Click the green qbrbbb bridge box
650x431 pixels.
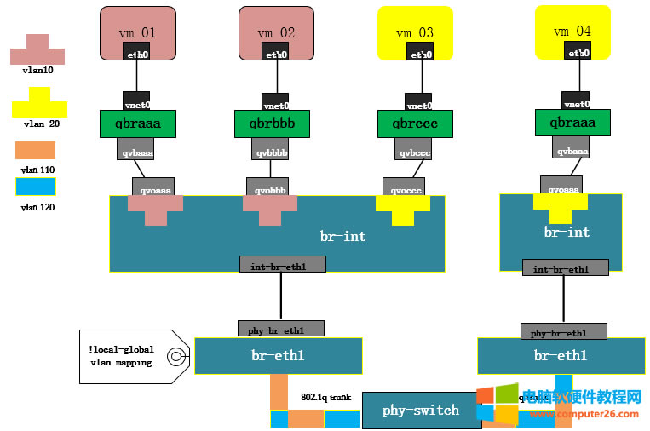(272, 124)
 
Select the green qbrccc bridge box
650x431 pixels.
(415, 124)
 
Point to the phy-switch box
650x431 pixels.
(421, 411)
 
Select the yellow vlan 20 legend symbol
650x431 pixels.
(38, 104)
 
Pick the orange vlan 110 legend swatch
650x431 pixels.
(35, 151)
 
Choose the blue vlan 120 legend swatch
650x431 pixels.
(35, 187)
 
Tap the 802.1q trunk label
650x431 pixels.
(325, 397)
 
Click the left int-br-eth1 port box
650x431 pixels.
(282, 264)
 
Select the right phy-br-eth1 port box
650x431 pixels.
(563, 331)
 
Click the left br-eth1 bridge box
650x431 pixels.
(278, 356)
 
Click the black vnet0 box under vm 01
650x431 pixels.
(136, 101)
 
